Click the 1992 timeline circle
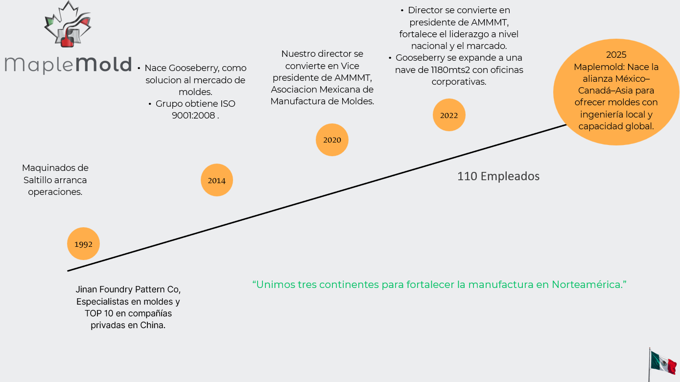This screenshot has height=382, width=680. (83, 243)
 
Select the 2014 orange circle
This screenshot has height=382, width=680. (216, 180)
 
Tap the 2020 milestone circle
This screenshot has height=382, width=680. (332, 140)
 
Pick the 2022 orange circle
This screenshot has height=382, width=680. (449, 115)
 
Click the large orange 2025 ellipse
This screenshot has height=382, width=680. (616, 92)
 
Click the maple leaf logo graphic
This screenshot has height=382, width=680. (68, 25)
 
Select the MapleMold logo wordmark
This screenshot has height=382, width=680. (68, 65)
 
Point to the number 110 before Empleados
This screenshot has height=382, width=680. (467, 176)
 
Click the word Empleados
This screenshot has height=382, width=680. (510, 176)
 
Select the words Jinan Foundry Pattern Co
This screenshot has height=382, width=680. (128, 289)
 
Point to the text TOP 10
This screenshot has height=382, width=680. (99, 313)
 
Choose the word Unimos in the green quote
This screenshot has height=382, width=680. (276, 285)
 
